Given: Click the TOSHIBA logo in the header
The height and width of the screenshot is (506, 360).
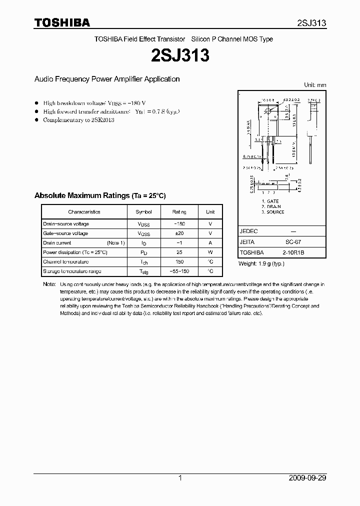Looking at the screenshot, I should coord(62,22).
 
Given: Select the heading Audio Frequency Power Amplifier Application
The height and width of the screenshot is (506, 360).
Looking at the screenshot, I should coord(106,79).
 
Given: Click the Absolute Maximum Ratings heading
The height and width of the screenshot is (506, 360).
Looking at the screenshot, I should coord(99,195).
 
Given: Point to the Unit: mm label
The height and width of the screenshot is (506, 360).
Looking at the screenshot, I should coord(315,85).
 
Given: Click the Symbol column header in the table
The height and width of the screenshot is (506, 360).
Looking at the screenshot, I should coord(143,212).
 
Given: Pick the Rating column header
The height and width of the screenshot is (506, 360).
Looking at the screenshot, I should coord(179,212).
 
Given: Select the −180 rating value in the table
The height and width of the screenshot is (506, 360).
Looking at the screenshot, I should coord(179,224).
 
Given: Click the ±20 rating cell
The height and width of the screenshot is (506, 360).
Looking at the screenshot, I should coord(179,233).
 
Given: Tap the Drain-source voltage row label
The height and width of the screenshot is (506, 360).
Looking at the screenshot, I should coord(66,224).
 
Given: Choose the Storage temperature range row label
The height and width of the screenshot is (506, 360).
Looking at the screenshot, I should coord(72,271).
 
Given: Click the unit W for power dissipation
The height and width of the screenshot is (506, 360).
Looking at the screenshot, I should coord(210,252).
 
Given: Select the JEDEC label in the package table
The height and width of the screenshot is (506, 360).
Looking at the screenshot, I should coord(249,231).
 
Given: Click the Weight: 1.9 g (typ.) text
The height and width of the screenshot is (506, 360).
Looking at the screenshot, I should coord(261,263).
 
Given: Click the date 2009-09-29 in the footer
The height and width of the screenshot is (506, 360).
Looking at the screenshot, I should coord(307,478).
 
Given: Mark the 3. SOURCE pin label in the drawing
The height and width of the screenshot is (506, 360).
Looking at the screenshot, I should coord(273,212).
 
